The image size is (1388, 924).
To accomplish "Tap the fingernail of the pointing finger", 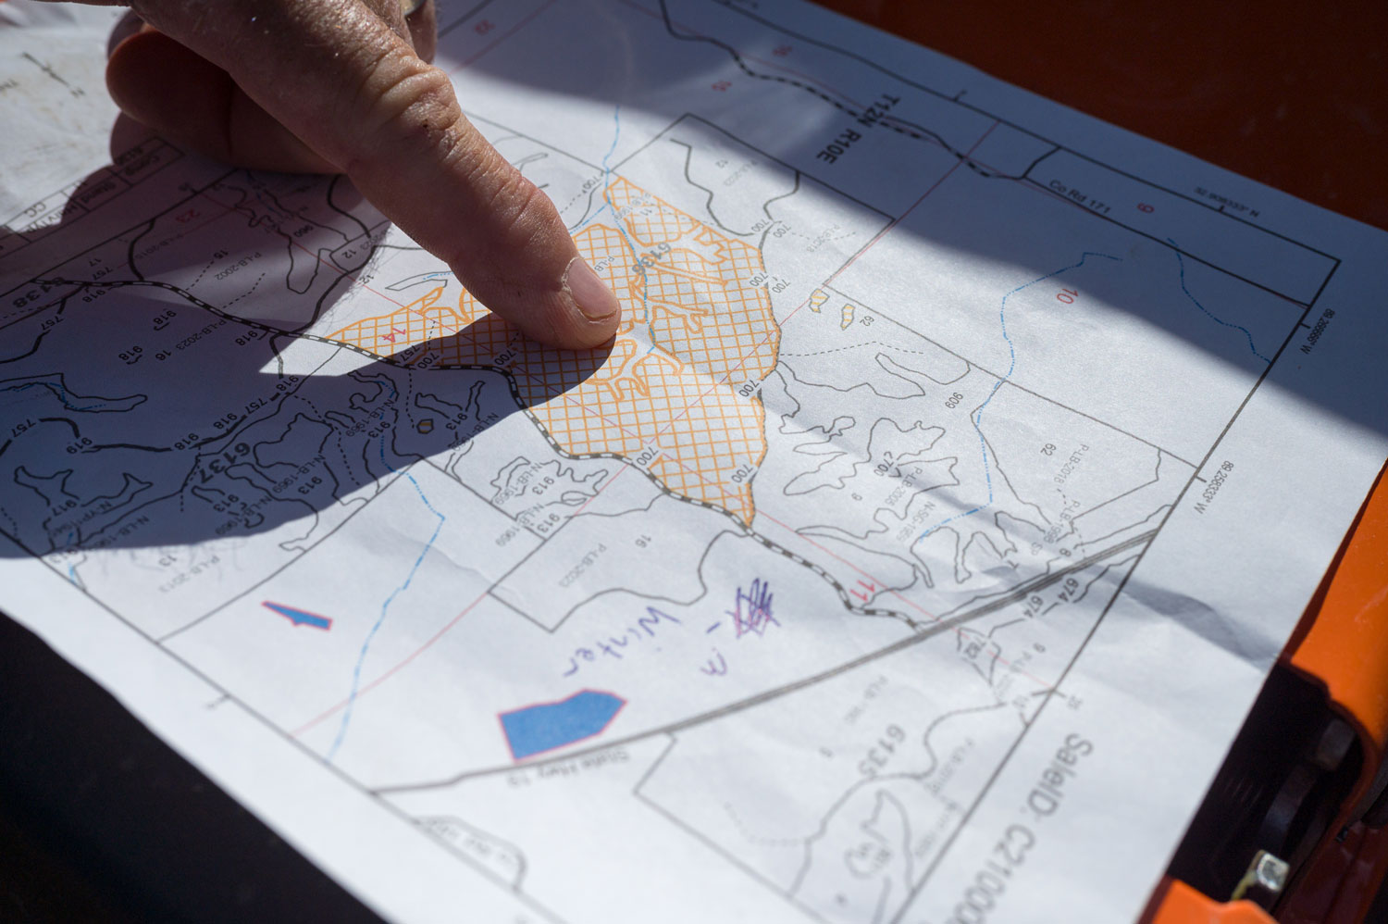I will click(x=589, y=294).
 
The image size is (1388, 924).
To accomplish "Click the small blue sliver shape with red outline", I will click(x=298, y=615).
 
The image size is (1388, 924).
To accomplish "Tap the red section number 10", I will click(x=1067, y=295).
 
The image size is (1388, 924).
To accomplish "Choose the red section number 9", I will click(x=1146, y=207).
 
